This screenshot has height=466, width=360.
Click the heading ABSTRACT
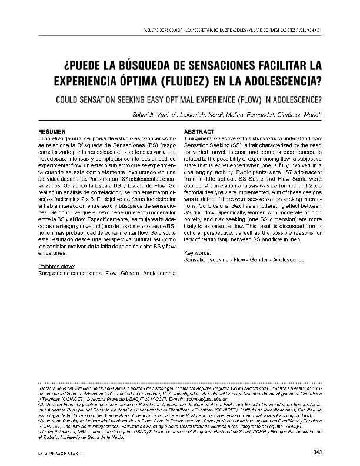coord(199,131)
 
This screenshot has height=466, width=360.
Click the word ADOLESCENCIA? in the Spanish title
coord(274,79)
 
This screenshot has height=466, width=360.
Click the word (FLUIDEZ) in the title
coord(176,79)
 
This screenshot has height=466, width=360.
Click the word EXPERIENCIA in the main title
coord(82,79)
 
